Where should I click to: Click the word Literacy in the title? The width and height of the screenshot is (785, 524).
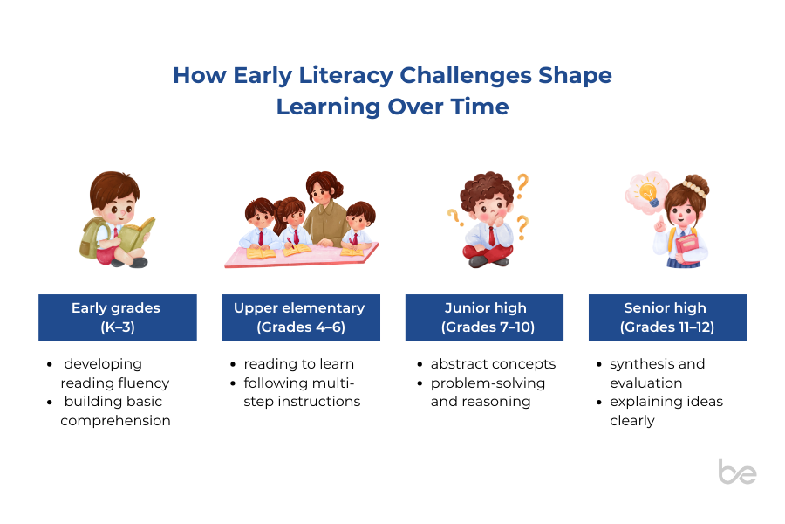(346, 76)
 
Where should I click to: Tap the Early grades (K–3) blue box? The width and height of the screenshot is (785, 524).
(118, 317)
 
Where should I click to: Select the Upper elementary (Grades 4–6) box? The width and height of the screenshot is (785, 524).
(301, 317)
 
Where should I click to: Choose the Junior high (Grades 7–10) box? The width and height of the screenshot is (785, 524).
(484, 317)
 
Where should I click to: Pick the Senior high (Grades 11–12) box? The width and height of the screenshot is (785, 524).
(667, 317)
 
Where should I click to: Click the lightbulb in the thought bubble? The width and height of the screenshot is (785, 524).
(648, 194)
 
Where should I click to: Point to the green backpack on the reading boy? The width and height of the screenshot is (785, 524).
(92, 238)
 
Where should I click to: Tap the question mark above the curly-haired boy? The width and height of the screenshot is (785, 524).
(522, 185)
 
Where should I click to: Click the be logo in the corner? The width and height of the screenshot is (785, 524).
(737, 472)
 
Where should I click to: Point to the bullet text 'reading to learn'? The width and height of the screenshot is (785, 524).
(299, 363)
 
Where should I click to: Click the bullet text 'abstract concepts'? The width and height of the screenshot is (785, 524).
(493, 363)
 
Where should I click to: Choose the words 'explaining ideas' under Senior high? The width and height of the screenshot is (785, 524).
(666, 402)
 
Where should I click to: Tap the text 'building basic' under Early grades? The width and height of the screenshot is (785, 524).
(113, 402)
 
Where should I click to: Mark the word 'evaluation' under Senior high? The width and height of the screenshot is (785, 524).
(645, 383)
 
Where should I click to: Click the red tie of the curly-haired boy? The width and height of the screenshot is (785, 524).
(492, 235)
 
